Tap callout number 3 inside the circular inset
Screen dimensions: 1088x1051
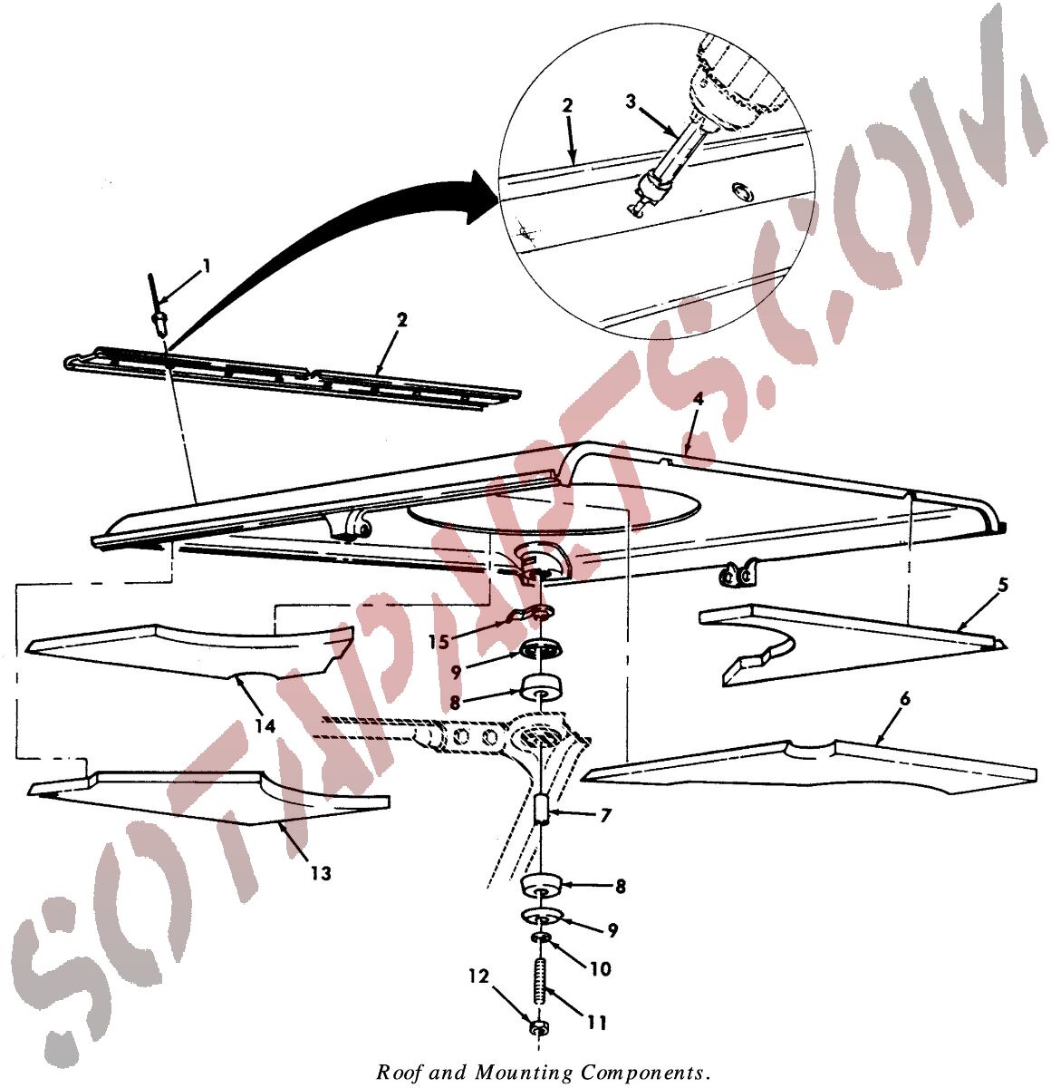[632, 101]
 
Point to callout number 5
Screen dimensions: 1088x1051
[1003, 585]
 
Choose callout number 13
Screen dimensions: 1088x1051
[321, 873]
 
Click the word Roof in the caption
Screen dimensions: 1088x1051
[395, 1073]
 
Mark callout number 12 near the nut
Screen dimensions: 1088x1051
[478, 976]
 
